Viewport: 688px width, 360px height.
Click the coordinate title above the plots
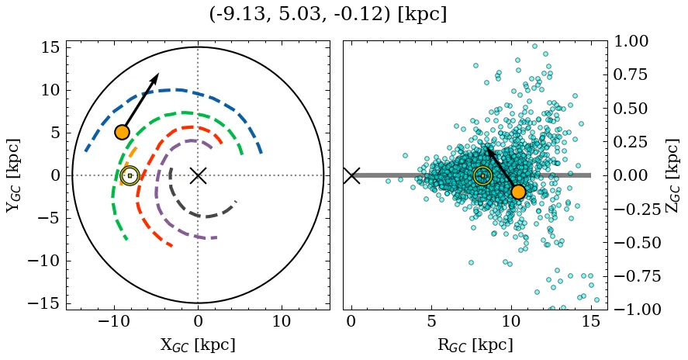tap(327, 15)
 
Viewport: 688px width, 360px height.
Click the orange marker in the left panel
tap(122, 132)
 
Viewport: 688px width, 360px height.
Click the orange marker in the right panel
tap(518, 192)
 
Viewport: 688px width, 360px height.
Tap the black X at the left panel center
tap(198, 175)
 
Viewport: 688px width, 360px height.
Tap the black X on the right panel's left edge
tap(351, 175)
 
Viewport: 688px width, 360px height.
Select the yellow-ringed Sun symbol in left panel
tap(130, 176)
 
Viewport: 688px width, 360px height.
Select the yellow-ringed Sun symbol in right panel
tap(482, 176)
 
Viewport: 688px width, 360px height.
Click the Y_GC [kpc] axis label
tap(13, 175)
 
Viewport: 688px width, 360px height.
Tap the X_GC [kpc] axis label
tap(198, 344)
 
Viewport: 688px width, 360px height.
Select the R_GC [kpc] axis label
tap(475, 344)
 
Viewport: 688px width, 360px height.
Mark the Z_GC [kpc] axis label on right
tap(672, 175)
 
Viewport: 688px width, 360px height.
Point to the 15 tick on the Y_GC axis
tap(50, 48)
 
